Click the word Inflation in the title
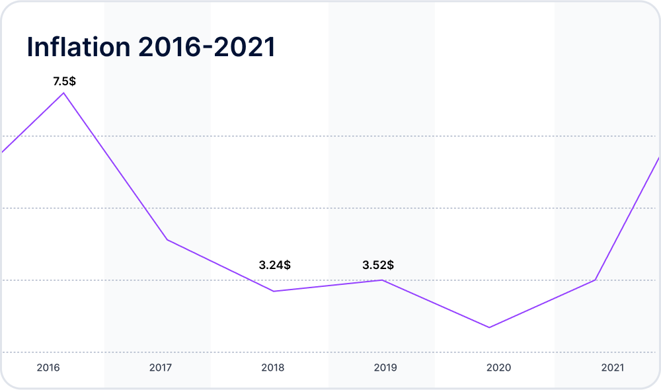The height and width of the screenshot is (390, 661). coord(79,46)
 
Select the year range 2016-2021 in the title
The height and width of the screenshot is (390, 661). coord(206,46)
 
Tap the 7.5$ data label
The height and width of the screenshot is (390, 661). coord(65,81)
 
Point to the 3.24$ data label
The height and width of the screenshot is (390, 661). coord(274,265)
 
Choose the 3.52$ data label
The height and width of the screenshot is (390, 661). coord(378,265)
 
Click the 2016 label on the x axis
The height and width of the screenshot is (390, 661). coord(48,368)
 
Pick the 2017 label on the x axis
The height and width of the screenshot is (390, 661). coord(161,368)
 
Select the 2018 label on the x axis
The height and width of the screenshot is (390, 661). coord(273,368)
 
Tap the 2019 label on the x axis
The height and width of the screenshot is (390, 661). coord(385,368)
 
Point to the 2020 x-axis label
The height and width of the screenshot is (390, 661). coord(498,368)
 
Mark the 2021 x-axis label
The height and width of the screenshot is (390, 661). coord(613,368)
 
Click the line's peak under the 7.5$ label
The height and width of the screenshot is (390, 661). coord(63,93)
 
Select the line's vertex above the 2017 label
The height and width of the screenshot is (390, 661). coord(167,240)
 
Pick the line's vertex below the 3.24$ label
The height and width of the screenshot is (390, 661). coord(274,292)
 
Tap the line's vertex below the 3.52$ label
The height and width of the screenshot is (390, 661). coord(382,280)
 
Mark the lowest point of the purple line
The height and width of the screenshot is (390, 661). coord(489,327)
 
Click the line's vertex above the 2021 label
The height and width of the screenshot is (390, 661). coord(595,280)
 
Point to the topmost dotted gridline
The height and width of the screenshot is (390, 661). coord(329,136)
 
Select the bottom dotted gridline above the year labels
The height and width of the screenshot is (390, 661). coord(329,352)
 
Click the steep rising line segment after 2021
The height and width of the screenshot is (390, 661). coord(627,219)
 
